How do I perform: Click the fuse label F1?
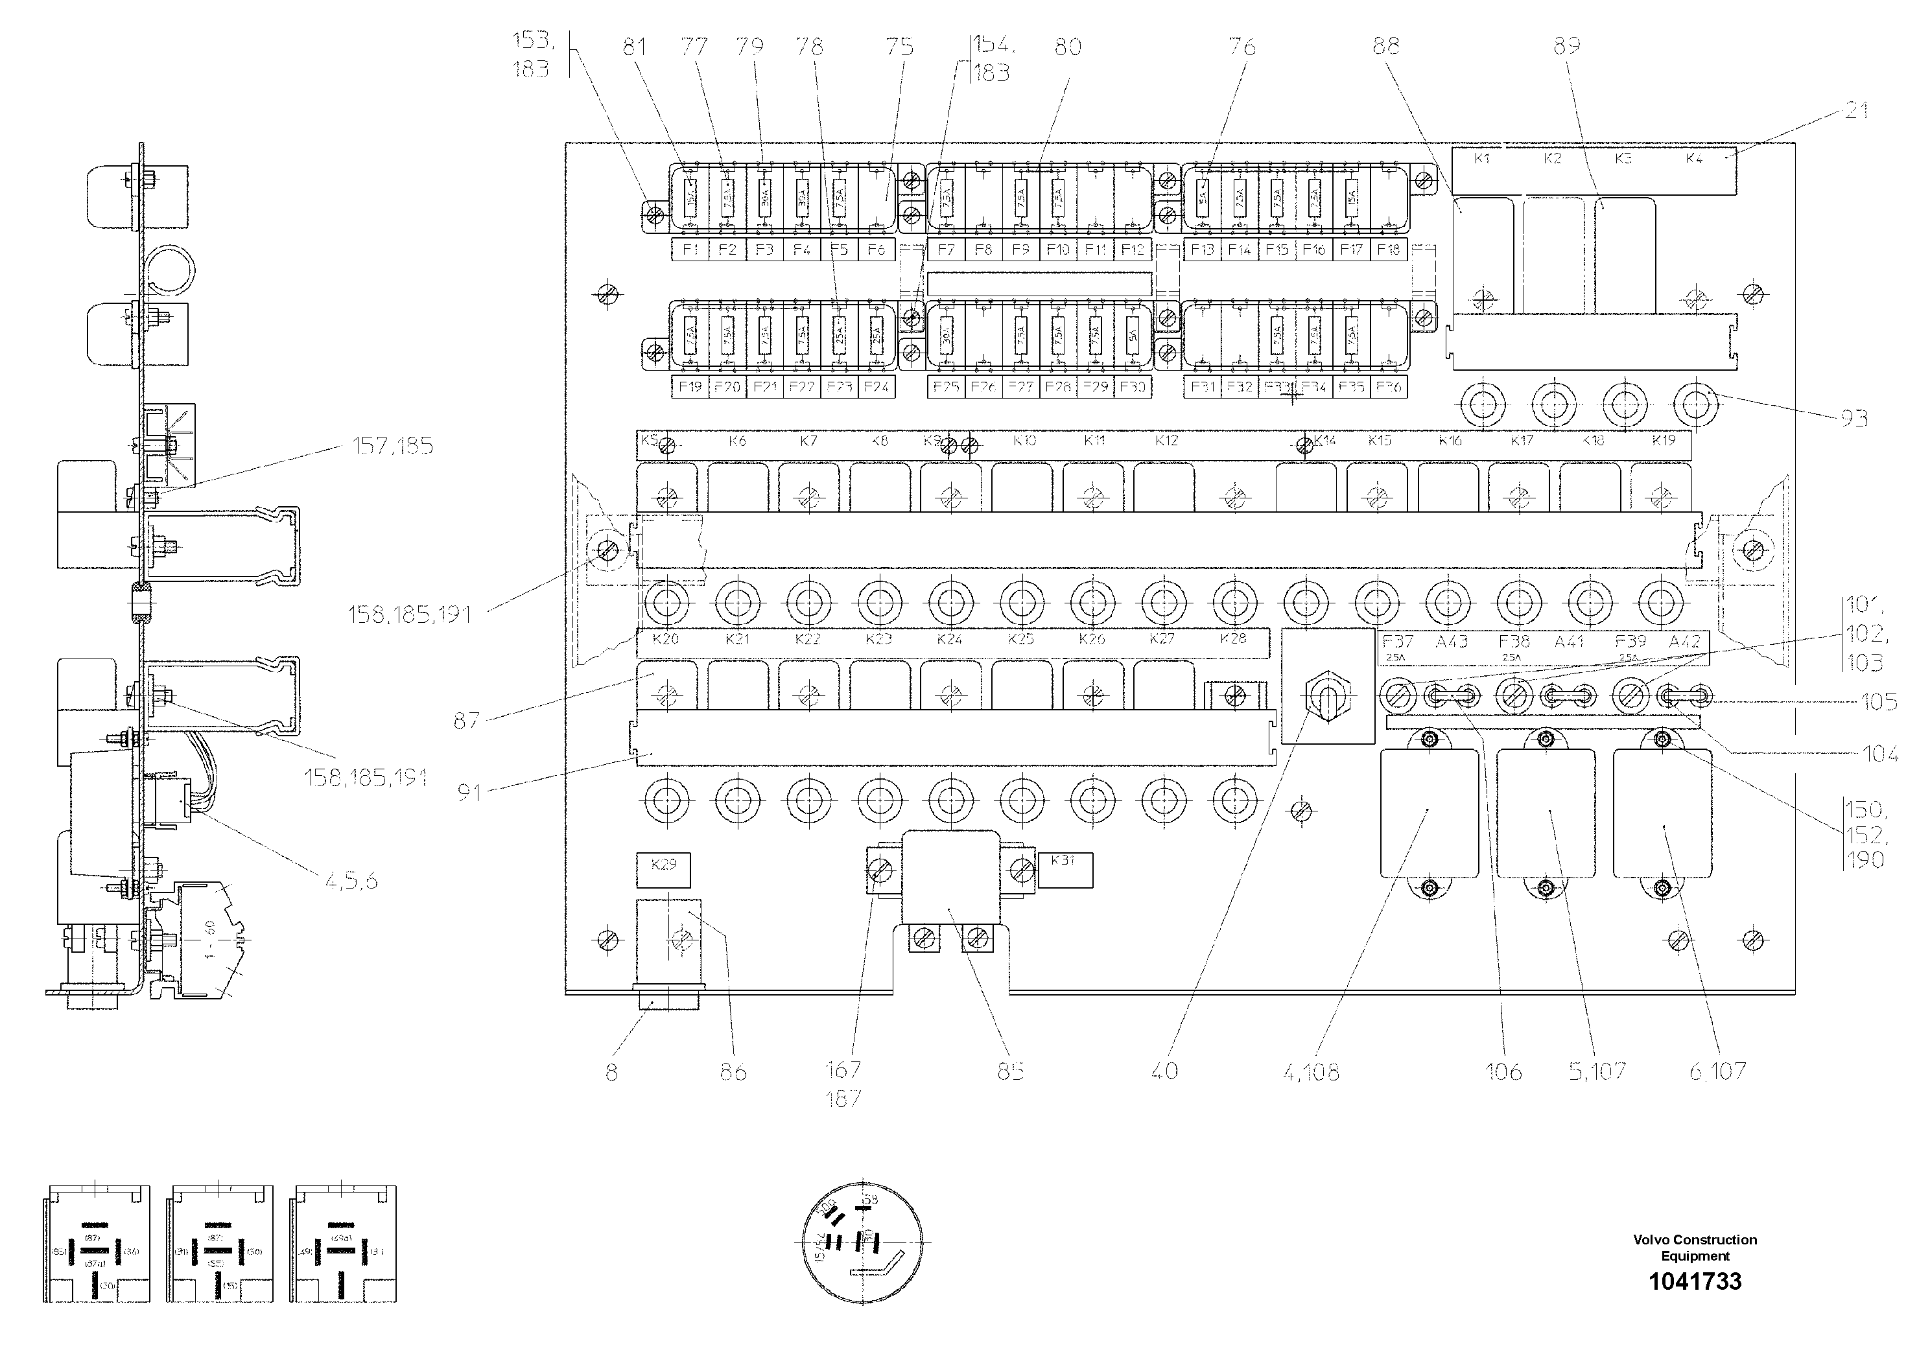coord(690,250)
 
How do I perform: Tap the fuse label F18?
coord(1388,250)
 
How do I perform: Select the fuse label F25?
coord(946,386)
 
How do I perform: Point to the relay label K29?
coord(663,864)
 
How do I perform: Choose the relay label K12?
coord(1166,440)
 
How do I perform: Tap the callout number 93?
coord(1854,417)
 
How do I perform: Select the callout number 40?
coord(1164,1071)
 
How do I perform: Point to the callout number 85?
coord(1011,1071)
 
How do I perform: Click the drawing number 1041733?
coord(1695,1281)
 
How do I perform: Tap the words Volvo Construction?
coord(1695,1239)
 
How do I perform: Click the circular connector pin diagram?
coord(862,1241)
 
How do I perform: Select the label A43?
coord(1452,642)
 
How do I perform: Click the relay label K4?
coord(1694,159)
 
